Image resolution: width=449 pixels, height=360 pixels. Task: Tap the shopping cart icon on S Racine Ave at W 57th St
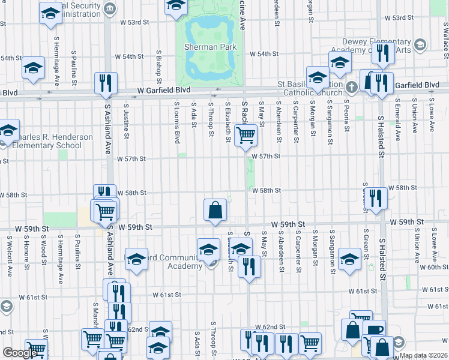(245, 136)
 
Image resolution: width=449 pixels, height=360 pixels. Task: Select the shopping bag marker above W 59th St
(215, 210)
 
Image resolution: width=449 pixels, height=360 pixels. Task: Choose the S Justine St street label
(126, 119)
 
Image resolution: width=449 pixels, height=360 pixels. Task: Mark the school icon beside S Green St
(349, 257)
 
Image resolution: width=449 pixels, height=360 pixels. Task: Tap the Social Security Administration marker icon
(110, 8)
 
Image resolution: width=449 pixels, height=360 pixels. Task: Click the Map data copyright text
(424, 355)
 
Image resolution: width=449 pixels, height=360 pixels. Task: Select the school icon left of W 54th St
(33, 67)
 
